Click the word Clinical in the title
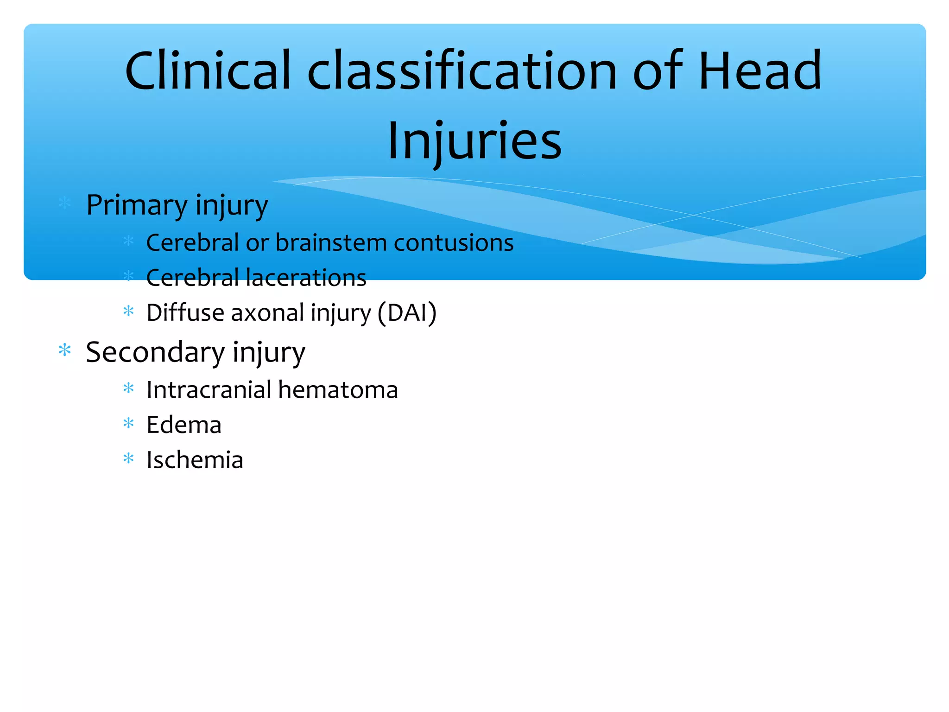point(208,71)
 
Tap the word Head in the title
point(759,71)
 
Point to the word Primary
point(137,205)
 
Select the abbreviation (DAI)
point(407,313)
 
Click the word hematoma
point(338,390)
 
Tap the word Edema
point(184,425)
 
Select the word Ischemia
point(195,460)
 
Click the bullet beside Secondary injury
point(65,350)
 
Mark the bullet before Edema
point(128,423)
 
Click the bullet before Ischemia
point(128,458)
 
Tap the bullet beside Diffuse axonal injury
point(128,311)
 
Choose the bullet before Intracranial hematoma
point(128,388)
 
